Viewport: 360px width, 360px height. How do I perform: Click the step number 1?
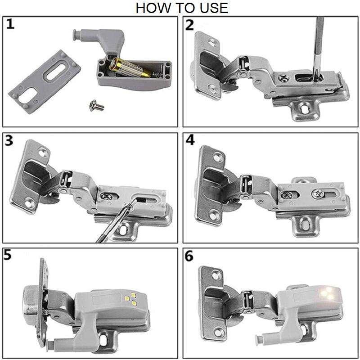coord(10,24)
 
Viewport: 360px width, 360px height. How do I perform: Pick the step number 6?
coord(189,256)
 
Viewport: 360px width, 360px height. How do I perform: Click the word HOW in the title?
coord(152,8)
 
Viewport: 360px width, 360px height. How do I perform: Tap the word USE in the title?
coord(212,8)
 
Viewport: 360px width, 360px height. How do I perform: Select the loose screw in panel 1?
coord(96,105)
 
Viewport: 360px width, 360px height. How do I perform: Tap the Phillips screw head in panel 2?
coord(284,79)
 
